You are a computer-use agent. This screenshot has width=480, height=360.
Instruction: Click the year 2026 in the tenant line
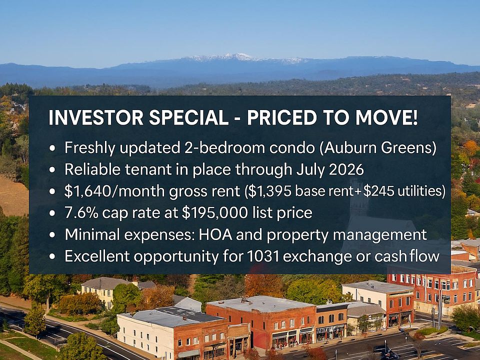point(346,169)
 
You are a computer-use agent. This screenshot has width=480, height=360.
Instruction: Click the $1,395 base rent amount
point(271,191)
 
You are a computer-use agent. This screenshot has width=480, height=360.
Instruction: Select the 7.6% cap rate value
point(81,213)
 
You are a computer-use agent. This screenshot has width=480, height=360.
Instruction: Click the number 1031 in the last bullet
point(262,256)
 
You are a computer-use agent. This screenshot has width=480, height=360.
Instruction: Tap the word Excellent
point(97,256)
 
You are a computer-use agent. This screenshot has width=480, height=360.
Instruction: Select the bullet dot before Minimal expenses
point(52,235)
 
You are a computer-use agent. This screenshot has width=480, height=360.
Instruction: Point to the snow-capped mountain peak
point(237,56)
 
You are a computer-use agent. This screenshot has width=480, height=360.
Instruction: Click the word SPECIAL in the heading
point(188,117)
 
